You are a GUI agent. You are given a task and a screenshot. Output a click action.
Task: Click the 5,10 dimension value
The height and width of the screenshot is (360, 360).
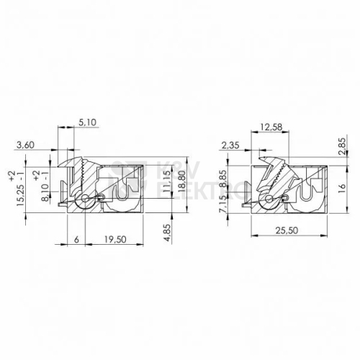[x=87, y=122]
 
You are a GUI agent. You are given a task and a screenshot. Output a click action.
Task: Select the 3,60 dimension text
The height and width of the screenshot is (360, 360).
[x=25, y=145]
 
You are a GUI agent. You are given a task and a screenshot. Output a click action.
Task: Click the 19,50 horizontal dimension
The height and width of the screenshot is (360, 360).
[x=115, y=239]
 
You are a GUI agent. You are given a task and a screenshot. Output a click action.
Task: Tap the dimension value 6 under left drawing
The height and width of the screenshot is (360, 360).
[x=76, y=239]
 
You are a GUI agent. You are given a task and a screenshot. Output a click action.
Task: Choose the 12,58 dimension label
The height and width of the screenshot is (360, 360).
[x=271, y=127]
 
